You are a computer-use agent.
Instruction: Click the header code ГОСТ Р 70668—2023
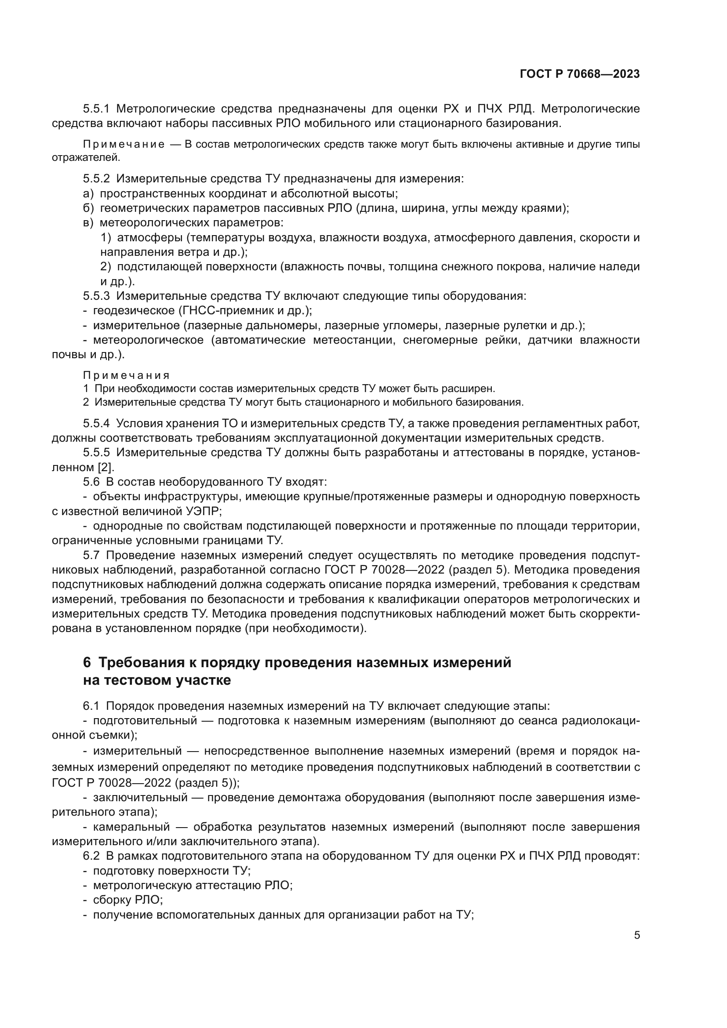(580, 74)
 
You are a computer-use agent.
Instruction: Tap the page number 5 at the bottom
(637, 935)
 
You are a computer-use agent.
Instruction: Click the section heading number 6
(87, 663)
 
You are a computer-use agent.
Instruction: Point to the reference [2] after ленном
(106, 468)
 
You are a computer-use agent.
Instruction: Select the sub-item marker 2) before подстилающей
(105, 267)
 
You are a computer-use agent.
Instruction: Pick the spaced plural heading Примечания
(126, 375)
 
